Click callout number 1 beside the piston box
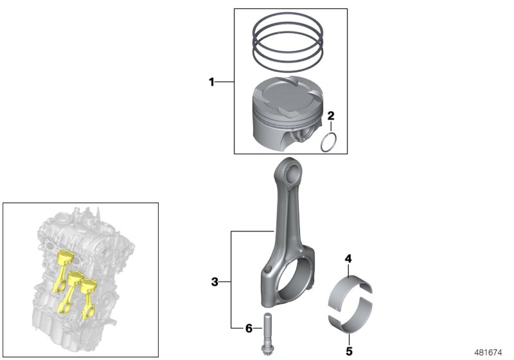pos(211,82)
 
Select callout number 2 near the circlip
pos(331,116)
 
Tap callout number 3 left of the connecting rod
pos(215,281)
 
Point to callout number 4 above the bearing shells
pos(348,258)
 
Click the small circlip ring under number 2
pos(330,141)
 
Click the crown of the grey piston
pos(286,95)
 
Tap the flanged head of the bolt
pos(267,350)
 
